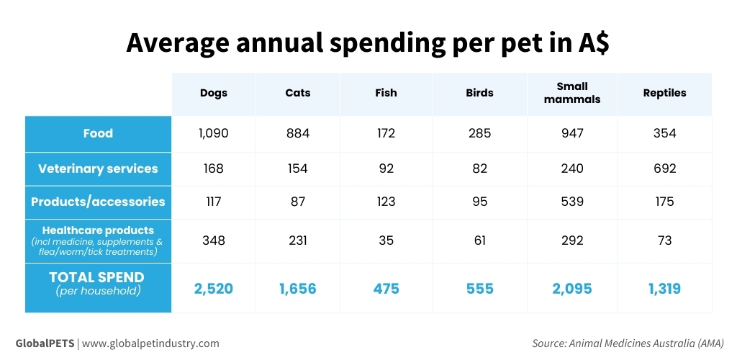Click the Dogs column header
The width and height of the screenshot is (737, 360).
pyautogui.click(x=214, y=93)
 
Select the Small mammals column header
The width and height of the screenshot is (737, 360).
pyautogui.click(x=572, y=93)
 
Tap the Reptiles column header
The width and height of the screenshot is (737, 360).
pyautogui.click(x=664, y=93)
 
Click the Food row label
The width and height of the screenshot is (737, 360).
pyautogui.click(x=98, y=133)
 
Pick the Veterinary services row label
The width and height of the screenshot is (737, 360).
pyautogui.click(x=98, y=168)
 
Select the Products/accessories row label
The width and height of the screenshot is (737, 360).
pyautogui.click(x=98, y=202)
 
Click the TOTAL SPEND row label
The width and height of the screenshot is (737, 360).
pyautogui.click(x=96, y=277)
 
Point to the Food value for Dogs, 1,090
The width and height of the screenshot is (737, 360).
pyautogui.click(x=214, y=133)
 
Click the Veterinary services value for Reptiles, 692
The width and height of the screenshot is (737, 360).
pyautogui.click(x=664, y=168)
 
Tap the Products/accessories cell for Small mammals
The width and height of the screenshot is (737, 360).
pyautogui.click(x=572, y=202)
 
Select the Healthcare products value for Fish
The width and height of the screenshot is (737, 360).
pyautogui.click(x=386, y=240)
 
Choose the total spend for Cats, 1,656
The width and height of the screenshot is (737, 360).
pyautogui.click(x=297, y=289)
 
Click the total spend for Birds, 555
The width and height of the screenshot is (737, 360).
pyautogui.click(x=479, y=289)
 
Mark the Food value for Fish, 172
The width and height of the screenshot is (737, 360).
pyautogui.click(x=386, y=133)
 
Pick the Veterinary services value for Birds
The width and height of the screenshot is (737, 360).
pyautogui.click(x=479, y=168)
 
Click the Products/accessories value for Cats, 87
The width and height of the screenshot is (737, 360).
pyautogui.click(x=297, y=202)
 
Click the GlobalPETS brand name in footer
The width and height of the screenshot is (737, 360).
pyautogui.click(x=45, y=343)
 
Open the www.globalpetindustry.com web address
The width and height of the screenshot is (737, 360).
pyautogui.click(x=150, y=343)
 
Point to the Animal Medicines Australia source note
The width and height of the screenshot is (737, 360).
pyautogui.click(x=628, y=343)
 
